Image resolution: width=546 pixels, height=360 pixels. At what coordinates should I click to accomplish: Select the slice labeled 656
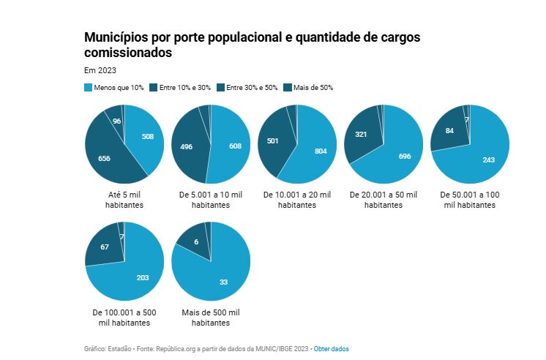pos(104,158)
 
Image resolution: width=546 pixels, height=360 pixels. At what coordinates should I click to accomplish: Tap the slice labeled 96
pos(116,121)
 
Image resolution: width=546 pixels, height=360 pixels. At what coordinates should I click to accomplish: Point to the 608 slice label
pos(235,146)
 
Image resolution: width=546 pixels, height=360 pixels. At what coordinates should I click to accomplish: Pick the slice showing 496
pos(186,147)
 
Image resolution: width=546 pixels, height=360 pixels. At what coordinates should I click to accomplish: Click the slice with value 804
pos(321,150)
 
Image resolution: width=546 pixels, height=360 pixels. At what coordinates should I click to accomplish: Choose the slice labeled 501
pos(274,141)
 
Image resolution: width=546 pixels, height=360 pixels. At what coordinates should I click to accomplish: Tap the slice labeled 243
pos(489,159)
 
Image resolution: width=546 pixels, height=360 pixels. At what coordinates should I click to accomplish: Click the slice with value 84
pos(449,131)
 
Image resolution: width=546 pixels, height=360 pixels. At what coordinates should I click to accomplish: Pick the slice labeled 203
pos(143,277)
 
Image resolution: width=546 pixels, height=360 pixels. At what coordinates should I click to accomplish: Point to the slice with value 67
pos(105,247)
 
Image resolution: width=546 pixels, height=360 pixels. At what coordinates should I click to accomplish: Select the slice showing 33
pos(223,282)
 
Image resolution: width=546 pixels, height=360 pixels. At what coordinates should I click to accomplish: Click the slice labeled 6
pos(195,242)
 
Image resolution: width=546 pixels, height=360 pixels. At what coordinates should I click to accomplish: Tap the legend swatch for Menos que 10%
pos(89,88)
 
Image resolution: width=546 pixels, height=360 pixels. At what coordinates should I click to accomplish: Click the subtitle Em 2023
pos(100,70)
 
